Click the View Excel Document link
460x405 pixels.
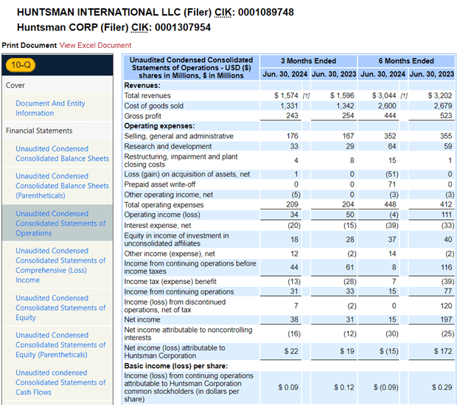tap(95, 45)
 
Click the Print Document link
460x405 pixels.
tap(29, 45)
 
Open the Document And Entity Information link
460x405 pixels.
tap(50, 108)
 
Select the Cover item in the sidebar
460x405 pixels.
tap(15, 86)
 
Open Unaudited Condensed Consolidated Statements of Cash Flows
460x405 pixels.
tap(60, 382)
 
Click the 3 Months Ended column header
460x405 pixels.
tap(308, 60)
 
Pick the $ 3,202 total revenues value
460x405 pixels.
tap(441, 96)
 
